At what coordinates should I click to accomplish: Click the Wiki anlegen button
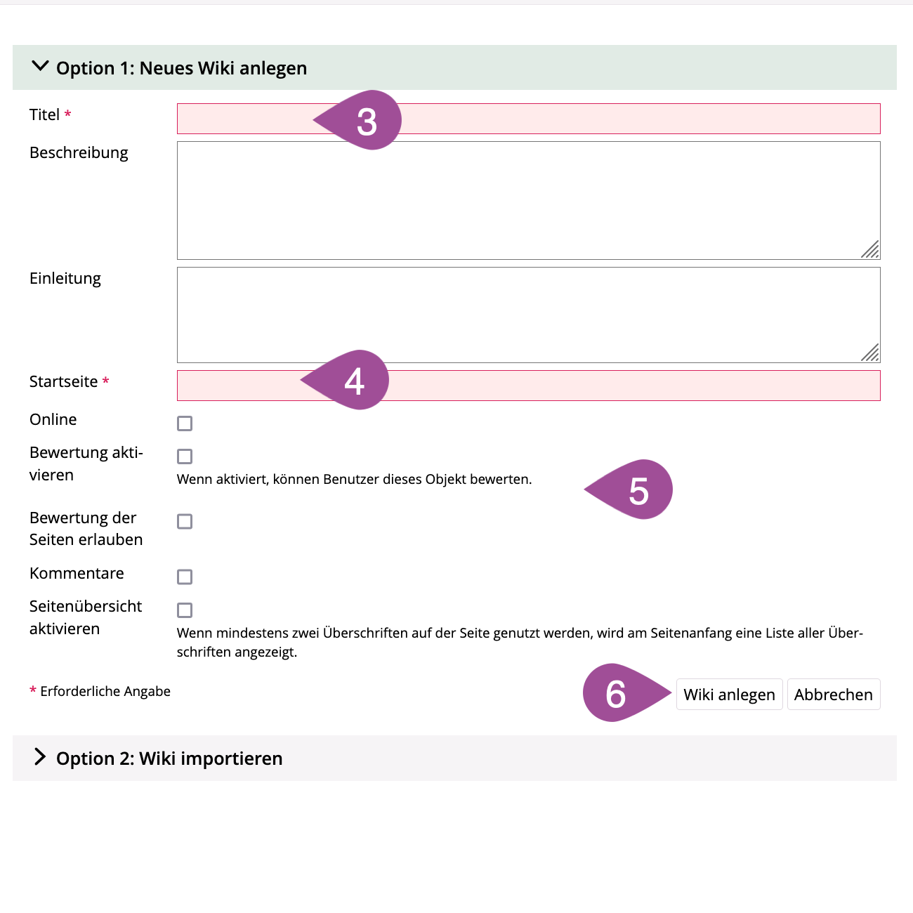pyautogui.click(x=729, y=695)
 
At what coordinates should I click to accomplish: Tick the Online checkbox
pyautogui.click(x=185, y=423)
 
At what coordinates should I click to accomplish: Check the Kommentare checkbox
pyautogui.click(x=185, y=577)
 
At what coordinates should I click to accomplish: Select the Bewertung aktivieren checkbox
pyautogui.click(x=185, y=456)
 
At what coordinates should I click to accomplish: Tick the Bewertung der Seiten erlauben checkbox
pyautogui.click(x=185, y=522)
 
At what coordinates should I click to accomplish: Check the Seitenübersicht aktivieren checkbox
pyautogui.click(x=185, y=610)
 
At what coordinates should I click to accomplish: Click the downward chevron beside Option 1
pyautogui.click(x=41, y=67)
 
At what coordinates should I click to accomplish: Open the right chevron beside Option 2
pyautogui.click(x=41, y=757)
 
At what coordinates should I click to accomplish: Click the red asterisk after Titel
pyautogui.click(x=68, y=114)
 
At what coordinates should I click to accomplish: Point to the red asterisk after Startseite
pyautogui.click(x=105, y=381)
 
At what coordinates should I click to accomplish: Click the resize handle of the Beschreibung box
pyautogui.click(x=871, y=250)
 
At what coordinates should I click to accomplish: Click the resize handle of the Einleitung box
pyautogui.click(x=871, y=353)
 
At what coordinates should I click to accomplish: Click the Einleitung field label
pyautogui.click(x=65, y=279)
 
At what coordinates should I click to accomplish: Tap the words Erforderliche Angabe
pyautogui.click(x=105, y=692)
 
